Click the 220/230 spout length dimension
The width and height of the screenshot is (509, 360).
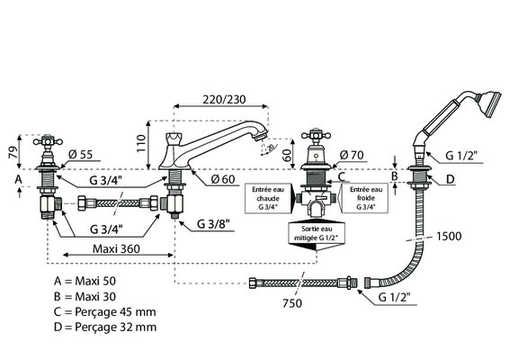[x=224, y=99]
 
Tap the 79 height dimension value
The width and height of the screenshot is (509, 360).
[x=13, y=152]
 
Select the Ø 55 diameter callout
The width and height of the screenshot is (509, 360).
[x=81, y=155]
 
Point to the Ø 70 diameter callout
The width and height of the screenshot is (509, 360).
[x=352, y=156]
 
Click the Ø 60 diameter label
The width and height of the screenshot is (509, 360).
[x=223, y=179]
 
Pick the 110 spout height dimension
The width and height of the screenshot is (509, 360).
[x=141, y=144]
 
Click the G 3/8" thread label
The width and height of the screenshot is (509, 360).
[x=213, y=224]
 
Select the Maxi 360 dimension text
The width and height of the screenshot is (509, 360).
[x=116, y=249]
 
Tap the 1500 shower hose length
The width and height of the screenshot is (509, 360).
[x=449, y=236]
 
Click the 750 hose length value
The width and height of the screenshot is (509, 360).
[x=292, y=303]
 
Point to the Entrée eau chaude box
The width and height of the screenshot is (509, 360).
[x=268, y=199]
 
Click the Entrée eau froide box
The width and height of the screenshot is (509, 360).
[x=365, y=199]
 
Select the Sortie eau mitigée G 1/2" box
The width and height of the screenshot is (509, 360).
[x=317, y=233]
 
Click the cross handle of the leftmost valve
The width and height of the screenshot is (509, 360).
[x=48, y=141]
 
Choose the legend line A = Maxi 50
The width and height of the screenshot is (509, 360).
[x=85, y=281]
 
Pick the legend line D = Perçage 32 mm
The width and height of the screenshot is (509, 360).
[x=105, y=327]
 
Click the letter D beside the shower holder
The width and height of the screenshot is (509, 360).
[x=451, y=179]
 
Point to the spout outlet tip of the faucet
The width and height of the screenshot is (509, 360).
[x=261, y=137]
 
